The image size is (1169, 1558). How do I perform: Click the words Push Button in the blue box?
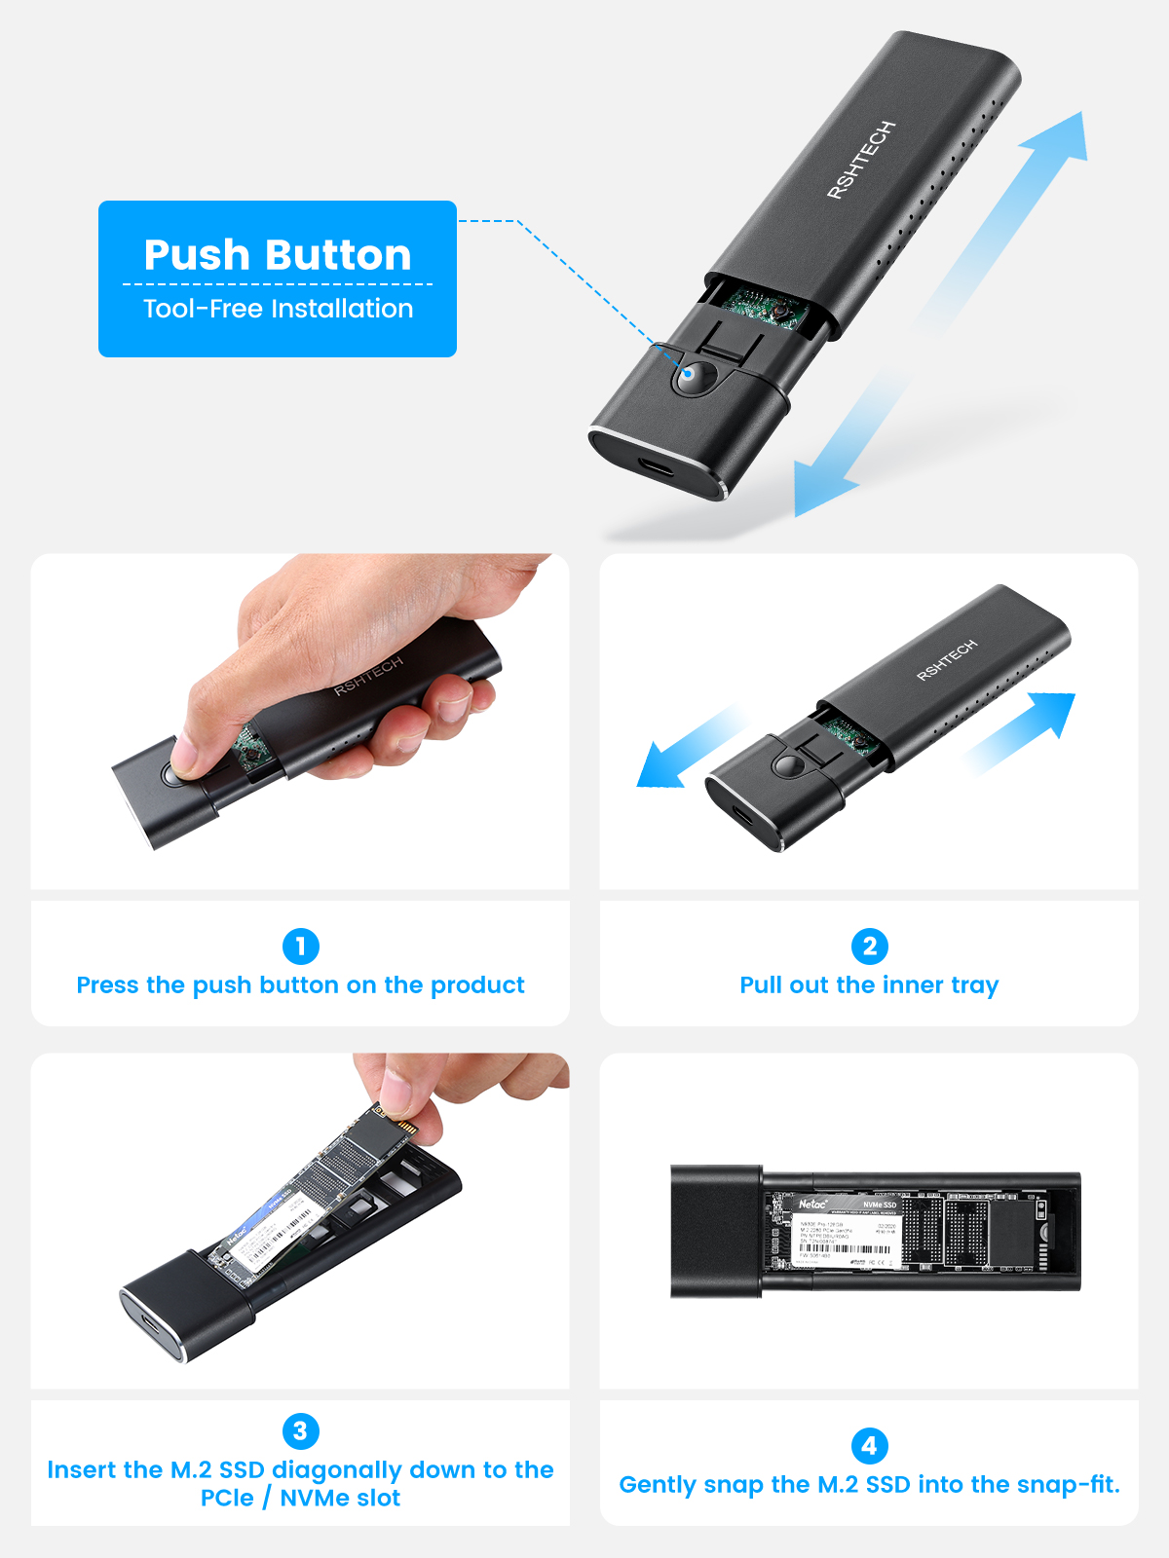(278, 255)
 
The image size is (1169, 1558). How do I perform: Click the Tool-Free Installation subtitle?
(278, 309)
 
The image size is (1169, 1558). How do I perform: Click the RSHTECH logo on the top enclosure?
(860, 161)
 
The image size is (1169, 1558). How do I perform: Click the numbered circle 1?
(300, 946)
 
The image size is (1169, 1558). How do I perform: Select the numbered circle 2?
(869, 946)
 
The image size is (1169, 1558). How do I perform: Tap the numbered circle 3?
(300, 1430)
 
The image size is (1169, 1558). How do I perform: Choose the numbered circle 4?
(869, 1445)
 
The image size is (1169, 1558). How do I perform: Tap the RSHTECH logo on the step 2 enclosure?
(946, 660)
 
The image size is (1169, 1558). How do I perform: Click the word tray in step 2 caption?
(975, 985)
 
